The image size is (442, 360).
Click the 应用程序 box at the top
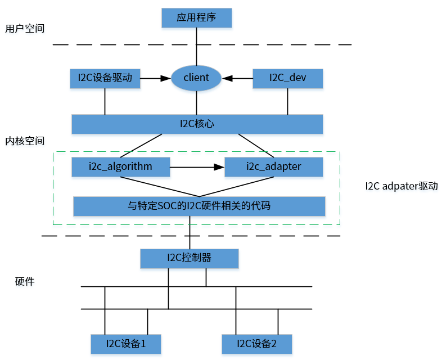[196, 17]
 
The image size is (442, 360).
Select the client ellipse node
[196, 78]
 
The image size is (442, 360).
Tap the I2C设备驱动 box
[105, 78]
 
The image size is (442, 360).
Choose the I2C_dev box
[287, 78]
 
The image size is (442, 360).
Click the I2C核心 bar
[197, 124]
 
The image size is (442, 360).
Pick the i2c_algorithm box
[121, 167]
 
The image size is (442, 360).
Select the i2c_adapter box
[273, 167]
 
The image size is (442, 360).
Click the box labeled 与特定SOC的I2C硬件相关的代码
[199, 206]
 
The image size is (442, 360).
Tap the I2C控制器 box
[190, 258]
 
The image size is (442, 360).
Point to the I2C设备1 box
[126, 343]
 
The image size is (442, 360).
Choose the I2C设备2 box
[256, 343]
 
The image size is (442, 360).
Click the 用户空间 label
[24, 28]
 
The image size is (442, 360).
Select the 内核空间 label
[24, 141]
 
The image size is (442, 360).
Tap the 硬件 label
[24, 281]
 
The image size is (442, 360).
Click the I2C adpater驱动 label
[401, 186]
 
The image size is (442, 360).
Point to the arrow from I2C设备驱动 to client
[155, 78]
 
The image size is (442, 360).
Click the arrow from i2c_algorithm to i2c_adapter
[197, 167]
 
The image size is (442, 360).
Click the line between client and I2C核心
[196, 103]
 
